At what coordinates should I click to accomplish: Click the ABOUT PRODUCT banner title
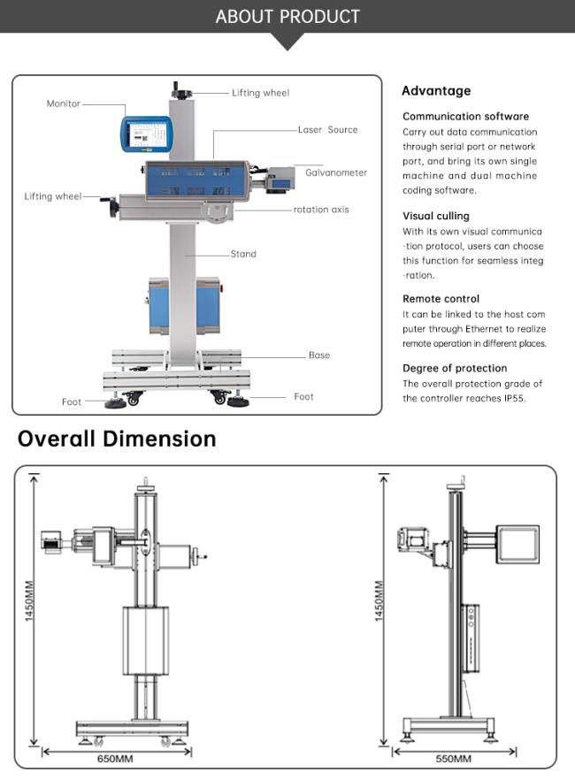point(287,17)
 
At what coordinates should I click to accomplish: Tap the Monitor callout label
point(63,103)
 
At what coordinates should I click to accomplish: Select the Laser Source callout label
point(329,129)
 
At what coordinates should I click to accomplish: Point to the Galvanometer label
point(336,172)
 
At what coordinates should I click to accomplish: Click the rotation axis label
point(321,210)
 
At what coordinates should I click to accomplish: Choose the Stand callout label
point(243,254)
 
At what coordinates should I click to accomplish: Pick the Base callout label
point(318,355)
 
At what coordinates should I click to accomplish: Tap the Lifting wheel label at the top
point(260,93)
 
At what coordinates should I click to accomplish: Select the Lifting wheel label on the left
point(52,196)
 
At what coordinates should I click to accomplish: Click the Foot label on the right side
point(303,396)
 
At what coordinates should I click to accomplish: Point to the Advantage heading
point(436,90)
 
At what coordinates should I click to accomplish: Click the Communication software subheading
point(465,116)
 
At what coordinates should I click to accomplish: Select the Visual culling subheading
point(436,216)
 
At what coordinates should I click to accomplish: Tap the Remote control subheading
point(441,299)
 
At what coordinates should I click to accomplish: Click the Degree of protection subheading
point(455,368)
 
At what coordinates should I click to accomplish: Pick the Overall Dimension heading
point(117,439)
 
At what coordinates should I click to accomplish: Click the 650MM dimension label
point(115,759)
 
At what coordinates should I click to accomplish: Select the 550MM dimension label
point(453,759)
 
